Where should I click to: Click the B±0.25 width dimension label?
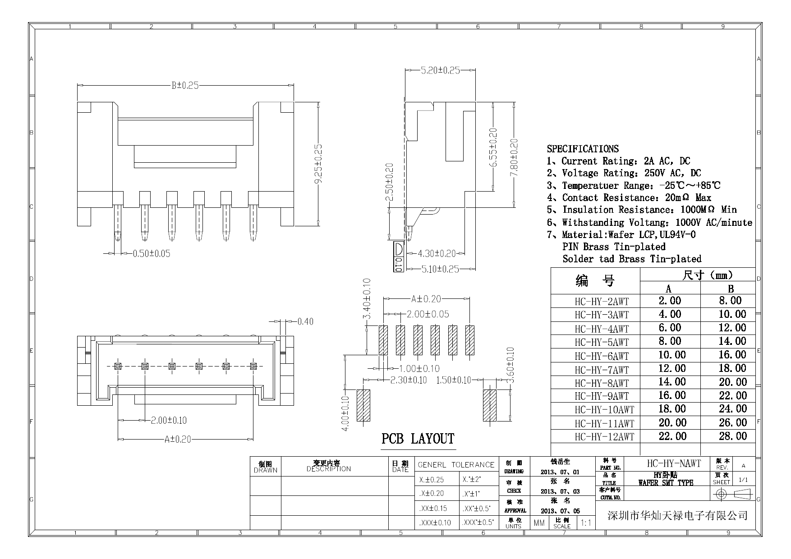pyautogui.click(x=185, y=85)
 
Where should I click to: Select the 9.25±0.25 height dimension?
pyautogui.click(x=318, y=164)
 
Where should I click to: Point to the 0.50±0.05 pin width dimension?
pyautogui.click(x=152, y=254)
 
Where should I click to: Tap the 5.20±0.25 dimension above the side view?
pyautogui.click(x=440, y=70)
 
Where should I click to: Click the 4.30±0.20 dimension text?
pyautogui.click(x=437, y=254)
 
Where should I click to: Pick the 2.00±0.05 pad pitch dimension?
pyautogui.click(x=428, y=314)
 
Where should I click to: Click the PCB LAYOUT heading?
pyautogui.click(x=418, y=439)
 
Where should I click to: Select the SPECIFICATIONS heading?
pyautogui.click(x=583, y=149)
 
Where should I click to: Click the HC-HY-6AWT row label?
pyautogui.click(x=601, y=356)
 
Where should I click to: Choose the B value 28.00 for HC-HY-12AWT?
pyautogui.click(x=733, y=436)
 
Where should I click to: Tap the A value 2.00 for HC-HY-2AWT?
pyautogui.click(x=670, y=301)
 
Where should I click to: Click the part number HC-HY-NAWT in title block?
pyautogui.click(x=674, y=463)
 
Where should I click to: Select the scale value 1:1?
pyautogui.click(x=586, y=523)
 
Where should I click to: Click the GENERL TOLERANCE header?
pyautogui.click(x=456, y=465)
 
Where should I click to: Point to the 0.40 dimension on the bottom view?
pyautogui.click(x=305, y=321)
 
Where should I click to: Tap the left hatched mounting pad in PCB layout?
pyautogui.click(x=363, y=406)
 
